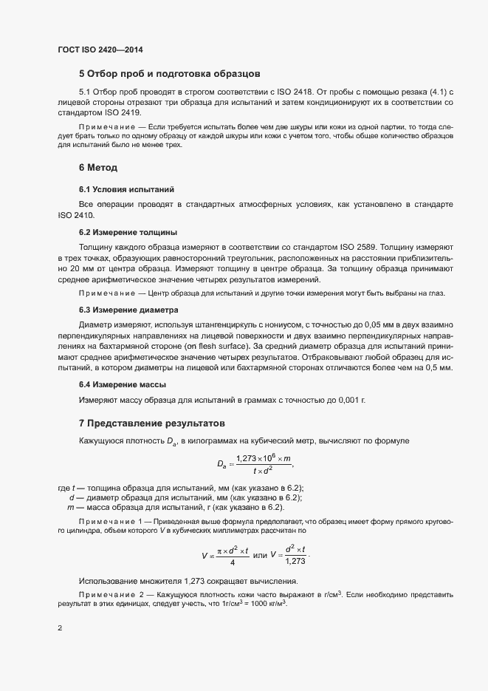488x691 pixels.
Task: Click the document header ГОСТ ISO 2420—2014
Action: click(x=100, y=50)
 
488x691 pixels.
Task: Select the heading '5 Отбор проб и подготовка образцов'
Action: click(x=168, y=74)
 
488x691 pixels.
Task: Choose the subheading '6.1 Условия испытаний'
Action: click(x=126, y=190)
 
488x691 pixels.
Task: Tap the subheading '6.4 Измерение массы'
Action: click(x=123, y=384)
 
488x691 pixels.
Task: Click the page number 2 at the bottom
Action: click(x=59, y=628)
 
